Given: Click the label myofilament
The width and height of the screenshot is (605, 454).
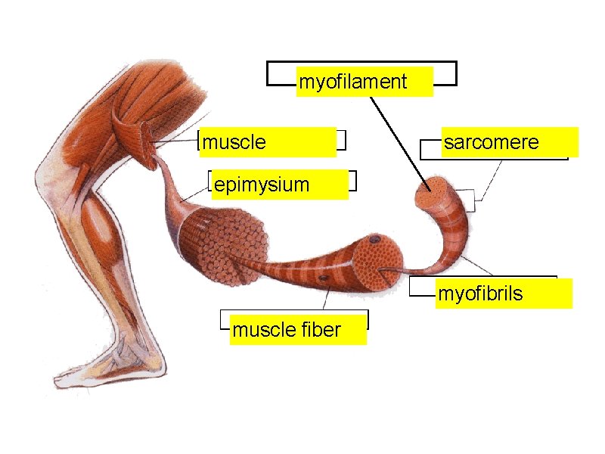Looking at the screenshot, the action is coord(353,82).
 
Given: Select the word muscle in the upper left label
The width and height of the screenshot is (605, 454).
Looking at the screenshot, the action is coord(235,142).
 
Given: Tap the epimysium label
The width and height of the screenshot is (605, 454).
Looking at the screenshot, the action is coord(262,185).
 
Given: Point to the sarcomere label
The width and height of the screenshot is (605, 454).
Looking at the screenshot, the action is coord(492,142).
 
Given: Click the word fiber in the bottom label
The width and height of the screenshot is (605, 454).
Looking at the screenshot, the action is coord(321,330).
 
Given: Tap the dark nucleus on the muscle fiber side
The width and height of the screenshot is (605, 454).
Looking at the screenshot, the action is coord(324,281).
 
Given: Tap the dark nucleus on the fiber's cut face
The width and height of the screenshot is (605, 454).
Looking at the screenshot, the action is coord(374,241).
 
